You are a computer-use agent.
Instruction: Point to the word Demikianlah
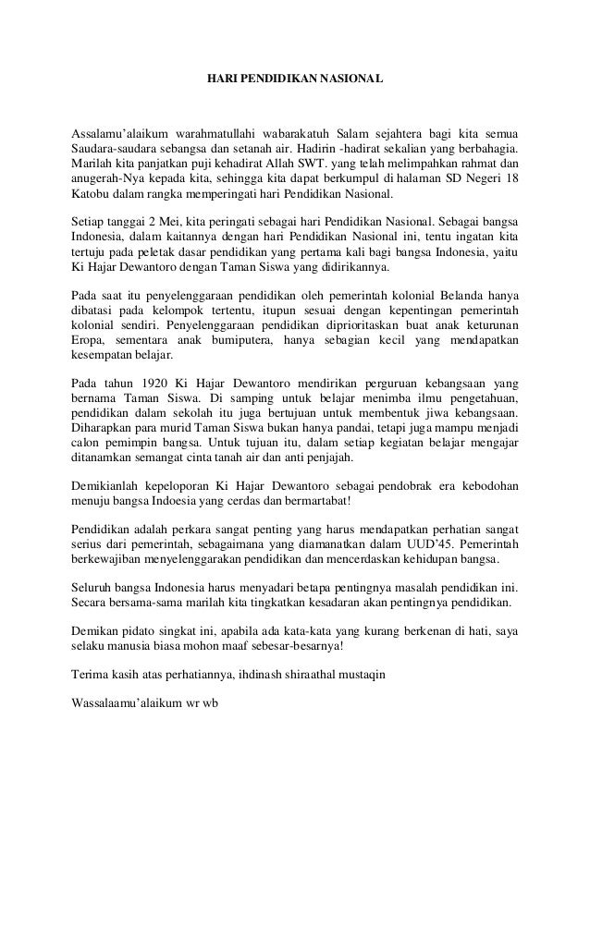click(x=105, y=486)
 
